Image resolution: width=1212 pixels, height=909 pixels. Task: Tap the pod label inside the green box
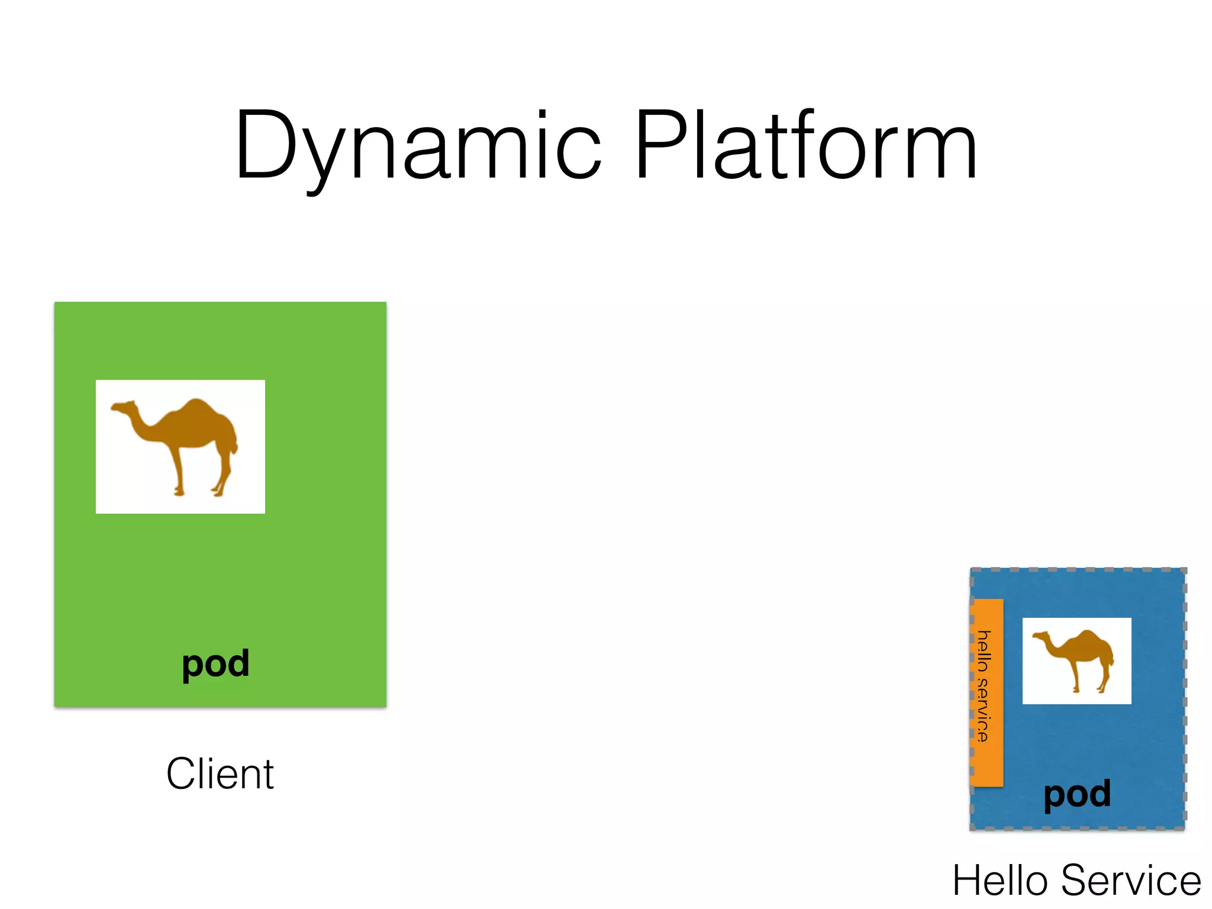[x=215, y=664]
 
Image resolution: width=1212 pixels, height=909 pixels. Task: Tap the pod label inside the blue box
[x=1077, y=794]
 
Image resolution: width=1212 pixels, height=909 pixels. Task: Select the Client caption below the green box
[x=220, y=773]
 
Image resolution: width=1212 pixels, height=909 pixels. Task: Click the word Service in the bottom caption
[x=1130, y=881]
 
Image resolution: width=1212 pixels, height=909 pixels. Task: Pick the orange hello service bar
[x=987, y=692]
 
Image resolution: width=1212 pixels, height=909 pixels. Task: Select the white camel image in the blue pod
[x=1076, y=661]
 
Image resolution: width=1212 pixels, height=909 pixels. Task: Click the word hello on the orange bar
[x=983, y=651]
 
